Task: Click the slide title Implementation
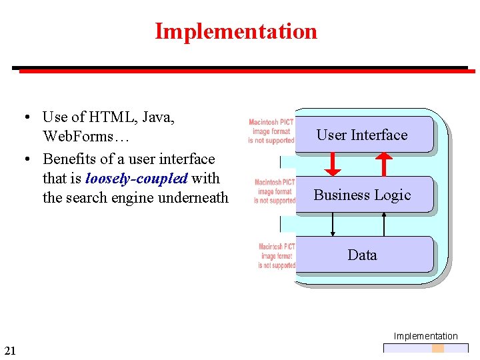tap(236, 31)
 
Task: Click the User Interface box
tap(362, 135)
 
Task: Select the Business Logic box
tap(362, 195)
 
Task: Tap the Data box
tap(362, 255)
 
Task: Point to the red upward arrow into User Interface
tap(384, 164)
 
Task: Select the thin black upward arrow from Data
tap(384, 225)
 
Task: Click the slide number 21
tap(10, 351)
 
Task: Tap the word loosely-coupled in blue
tap(137, 178)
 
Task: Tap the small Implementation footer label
tap(425, 336)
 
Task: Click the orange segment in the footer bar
tap(437, 348)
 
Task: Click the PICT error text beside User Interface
tap(271, 131)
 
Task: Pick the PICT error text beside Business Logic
tap(275, 191)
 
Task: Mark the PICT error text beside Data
tap(277, 256)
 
